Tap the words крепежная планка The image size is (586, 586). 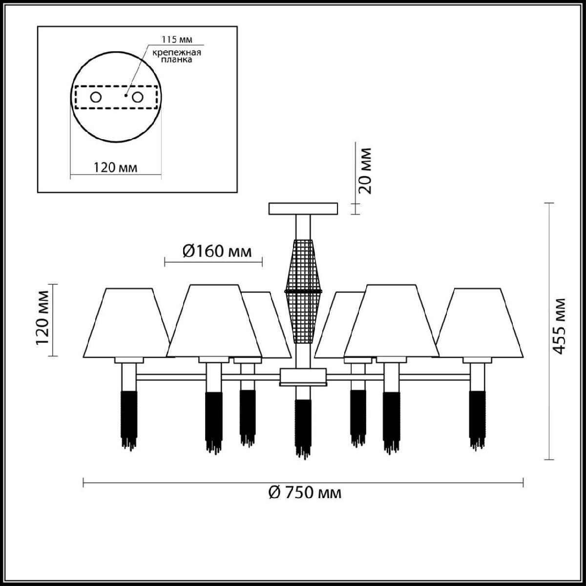(177, 56)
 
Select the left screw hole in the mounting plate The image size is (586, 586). (96, 97)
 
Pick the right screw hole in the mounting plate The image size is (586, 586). (137, 97)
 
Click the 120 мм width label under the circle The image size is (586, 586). (115, 167)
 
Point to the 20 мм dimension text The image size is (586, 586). (365, 170)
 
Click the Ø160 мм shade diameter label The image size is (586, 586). (217, 251)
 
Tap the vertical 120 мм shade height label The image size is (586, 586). (42, 318)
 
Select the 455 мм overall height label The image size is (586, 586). (559, 326)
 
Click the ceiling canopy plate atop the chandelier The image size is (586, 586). (303, 209)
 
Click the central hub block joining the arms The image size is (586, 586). (303, 377)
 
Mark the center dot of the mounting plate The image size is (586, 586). (126, 95)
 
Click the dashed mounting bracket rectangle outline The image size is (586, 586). (117, 97)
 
